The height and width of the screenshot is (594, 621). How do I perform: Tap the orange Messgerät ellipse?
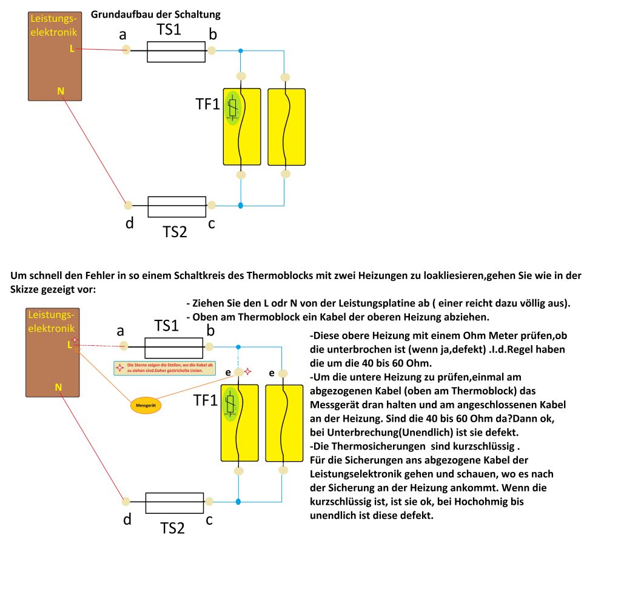tap(146, 404)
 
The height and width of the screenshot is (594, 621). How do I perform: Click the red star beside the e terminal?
tap(247, 371)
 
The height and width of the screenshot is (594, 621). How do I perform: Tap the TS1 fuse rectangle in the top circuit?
tap(176, 52)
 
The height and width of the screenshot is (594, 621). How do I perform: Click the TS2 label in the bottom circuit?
tap(172, 528)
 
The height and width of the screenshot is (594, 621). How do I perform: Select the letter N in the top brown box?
tap(60, 91)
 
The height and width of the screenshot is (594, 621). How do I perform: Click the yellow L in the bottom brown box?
tap(70, 345)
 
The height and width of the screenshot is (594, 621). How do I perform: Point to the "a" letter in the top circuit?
tap(123, 36)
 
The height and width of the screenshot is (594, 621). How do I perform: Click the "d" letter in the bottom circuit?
tap(127, 519)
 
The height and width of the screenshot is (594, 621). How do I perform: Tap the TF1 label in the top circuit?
tap(207, 104)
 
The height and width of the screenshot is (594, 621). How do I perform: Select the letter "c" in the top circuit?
tap(212, 223)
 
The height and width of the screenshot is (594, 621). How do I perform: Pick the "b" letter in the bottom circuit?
tap(210, 331)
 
